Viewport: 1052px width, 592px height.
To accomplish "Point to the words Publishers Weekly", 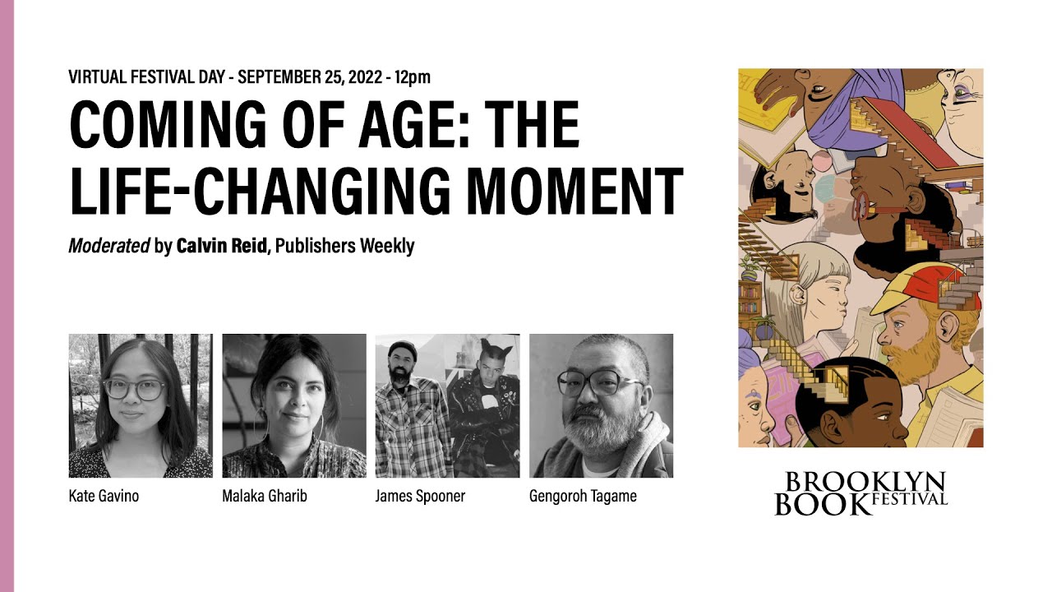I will point(344,246).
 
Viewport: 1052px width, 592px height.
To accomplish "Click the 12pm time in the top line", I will point(412,77).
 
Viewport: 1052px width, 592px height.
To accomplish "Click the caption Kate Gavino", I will point(104,496).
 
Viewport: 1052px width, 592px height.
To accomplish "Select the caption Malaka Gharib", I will point(264,496).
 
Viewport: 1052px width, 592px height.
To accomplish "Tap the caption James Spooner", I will point(420,496).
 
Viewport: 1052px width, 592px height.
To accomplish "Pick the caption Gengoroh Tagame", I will point(583,496).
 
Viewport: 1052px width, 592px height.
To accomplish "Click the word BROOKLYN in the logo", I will point(861,482).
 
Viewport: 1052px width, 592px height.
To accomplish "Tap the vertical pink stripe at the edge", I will point(7,296).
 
